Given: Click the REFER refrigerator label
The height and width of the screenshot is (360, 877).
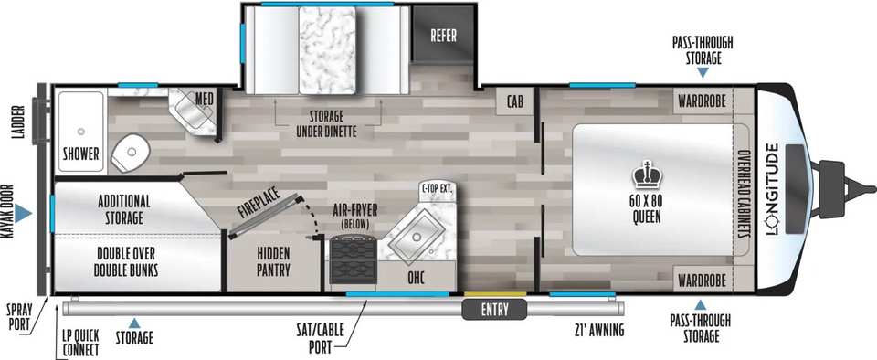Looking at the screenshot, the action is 443,36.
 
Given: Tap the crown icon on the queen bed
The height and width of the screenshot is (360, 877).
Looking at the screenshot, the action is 647,175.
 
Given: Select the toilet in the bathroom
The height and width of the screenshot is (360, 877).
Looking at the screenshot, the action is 132,152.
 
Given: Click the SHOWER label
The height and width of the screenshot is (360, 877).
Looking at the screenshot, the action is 81,154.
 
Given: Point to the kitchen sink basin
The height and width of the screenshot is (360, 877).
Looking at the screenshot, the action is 417,237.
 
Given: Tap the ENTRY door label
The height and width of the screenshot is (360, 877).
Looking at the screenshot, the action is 494,309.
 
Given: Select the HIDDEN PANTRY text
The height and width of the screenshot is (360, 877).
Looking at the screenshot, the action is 273,261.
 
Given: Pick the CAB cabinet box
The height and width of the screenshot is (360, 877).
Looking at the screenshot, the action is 515,101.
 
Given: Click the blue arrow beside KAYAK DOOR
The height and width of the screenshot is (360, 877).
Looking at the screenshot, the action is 23,213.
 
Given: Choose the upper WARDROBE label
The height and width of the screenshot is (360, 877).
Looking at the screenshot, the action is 702,101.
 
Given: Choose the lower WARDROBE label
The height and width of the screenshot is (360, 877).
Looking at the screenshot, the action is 702,280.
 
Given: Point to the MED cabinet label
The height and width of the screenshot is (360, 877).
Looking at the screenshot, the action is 204,99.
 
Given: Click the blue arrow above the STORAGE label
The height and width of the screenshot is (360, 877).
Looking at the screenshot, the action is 134,323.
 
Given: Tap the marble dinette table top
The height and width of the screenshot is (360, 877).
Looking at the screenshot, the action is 327,49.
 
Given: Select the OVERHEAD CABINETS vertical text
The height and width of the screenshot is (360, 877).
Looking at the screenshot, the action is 743,195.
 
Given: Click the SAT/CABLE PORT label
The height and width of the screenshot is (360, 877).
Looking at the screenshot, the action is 327,338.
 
